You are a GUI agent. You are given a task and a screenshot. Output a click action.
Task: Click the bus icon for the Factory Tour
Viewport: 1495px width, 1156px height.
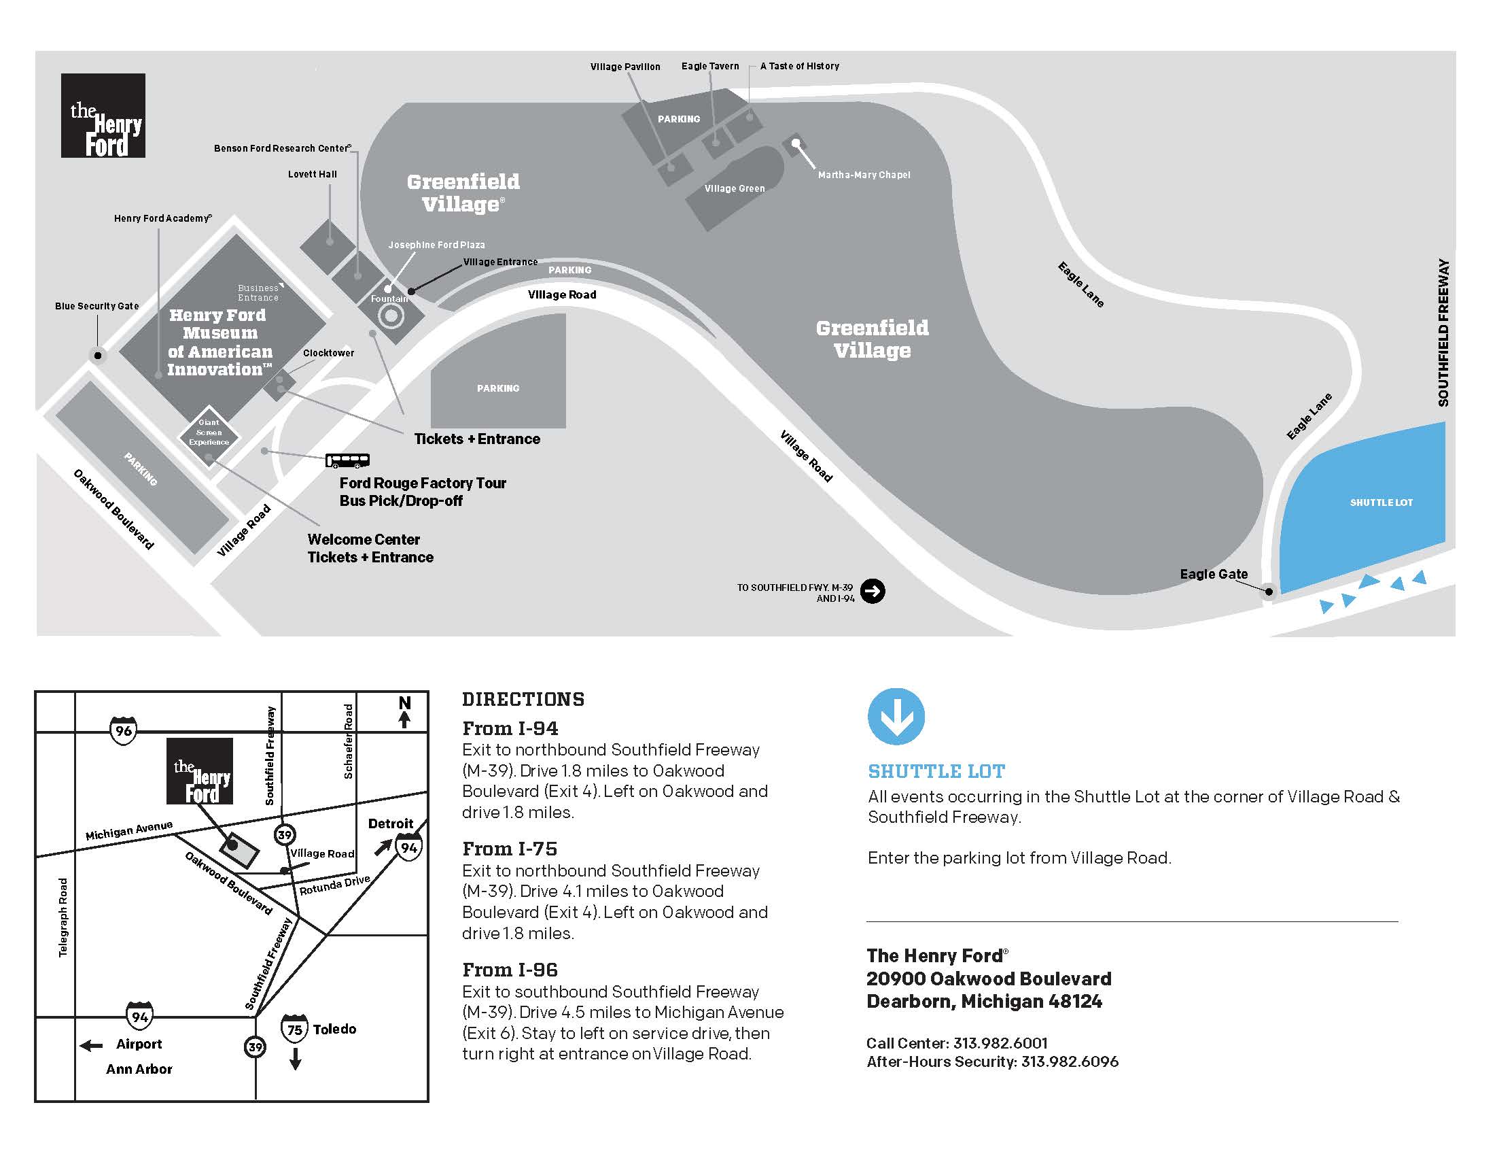(x=347, y=460)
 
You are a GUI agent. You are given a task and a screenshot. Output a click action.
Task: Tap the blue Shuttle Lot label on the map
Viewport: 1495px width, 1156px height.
(x=1381, y=503)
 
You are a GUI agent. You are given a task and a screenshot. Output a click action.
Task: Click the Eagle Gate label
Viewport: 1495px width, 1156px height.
(x=1213, y=574)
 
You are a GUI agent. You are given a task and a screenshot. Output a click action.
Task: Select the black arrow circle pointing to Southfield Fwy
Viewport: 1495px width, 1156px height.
(x=872, y=591)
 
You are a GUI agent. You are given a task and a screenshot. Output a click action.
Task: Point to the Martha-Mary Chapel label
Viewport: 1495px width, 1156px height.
(x=864, y=175)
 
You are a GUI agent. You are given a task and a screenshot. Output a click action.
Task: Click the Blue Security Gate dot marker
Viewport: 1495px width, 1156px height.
(x=98, y=356)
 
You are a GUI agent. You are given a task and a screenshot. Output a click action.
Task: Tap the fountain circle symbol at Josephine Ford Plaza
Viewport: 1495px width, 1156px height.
(x=391, y=317)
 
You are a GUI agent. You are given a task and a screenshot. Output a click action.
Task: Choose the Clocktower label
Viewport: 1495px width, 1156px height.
(x=329, y=353)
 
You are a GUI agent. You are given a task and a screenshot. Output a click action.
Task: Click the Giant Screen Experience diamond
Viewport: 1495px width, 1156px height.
(x=209, y=432)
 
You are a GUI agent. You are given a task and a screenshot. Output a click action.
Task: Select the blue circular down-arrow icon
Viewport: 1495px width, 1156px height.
(x=896, y=716)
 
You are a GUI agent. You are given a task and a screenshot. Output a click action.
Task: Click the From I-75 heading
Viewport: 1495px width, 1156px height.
(x=509, y=849)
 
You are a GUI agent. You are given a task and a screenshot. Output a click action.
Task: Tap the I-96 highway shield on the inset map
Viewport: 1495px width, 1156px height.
(x=123, y=731)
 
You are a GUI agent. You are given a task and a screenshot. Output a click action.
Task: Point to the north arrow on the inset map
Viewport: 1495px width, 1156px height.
(x=404, y=711)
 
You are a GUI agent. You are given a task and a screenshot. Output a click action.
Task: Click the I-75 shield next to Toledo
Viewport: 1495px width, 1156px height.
(x=294, y=1029)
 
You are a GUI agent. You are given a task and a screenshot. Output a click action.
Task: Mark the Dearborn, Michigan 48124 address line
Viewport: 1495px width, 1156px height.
(x=984, y=1001)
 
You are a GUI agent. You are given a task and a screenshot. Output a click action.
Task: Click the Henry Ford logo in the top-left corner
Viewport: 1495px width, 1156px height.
(x=103, y=116)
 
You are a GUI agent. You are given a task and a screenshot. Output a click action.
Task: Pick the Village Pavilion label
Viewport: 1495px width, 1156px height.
(x=625, y=67)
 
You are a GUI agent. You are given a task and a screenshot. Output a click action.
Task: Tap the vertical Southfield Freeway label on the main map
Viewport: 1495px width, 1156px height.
(x=1443, y=333)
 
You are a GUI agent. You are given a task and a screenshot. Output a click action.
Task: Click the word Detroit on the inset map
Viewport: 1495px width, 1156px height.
(x=390, y=823)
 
